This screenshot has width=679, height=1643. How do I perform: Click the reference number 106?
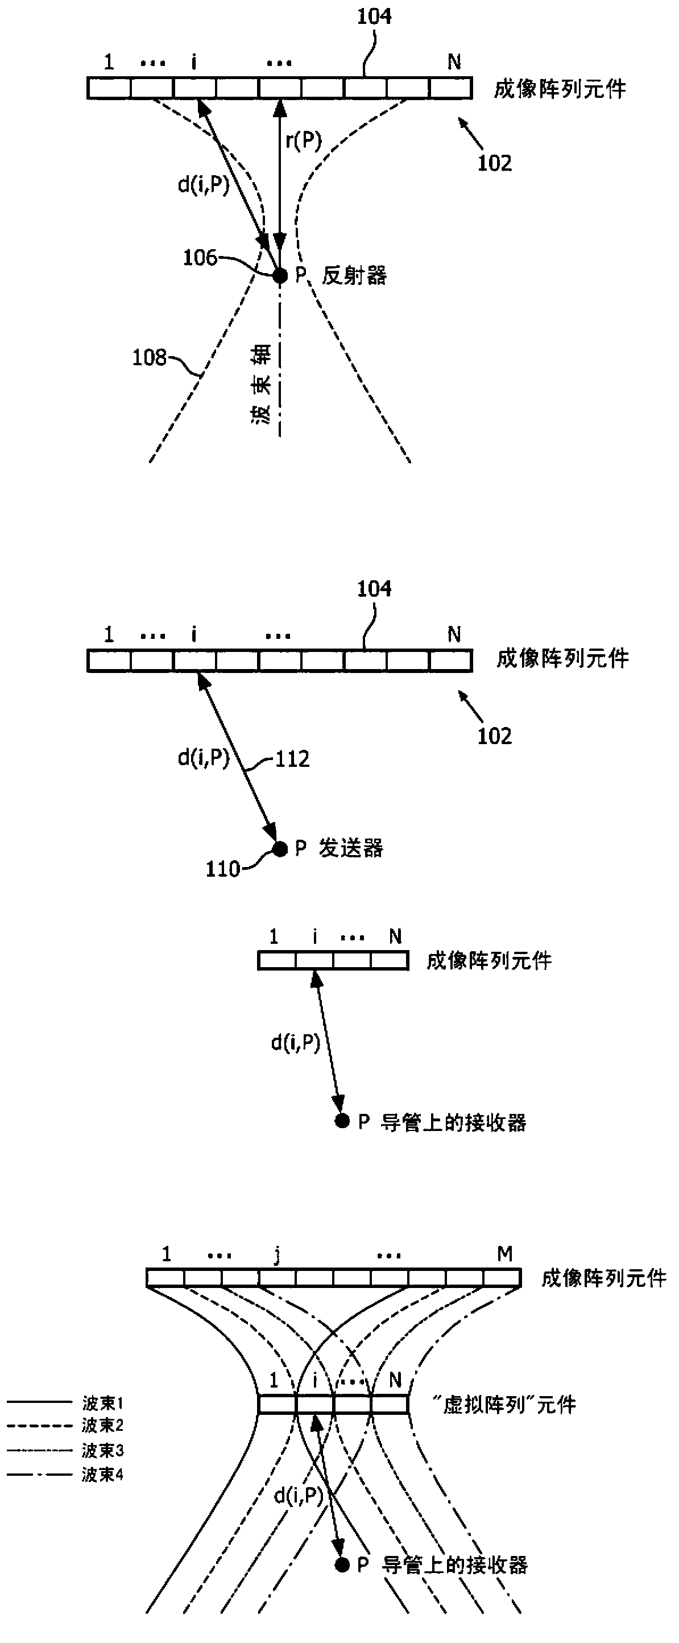point(200,258)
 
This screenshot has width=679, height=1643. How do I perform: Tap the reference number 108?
point(148,358)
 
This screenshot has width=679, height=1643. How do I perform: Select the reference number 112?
point(292,759)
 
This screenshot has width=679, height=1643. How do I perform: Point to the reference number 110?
point(222,869)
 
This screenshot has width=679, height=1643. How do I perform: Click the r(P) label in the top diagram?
point(304,141)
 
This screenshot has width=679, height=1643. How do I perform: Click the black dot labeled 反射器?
point(280,275)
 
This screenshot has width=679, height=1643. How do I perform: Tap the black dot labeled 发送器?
point(280,849)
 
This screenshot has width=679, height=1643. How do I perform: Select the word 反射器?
point(354,275)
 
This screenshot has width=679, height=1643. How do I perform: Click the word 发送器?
point(351,848)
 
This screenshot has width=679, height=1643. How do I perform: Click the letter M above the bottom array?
point(504,1254)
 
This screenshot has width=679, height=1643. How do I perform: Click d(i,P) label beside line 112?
point(204,758)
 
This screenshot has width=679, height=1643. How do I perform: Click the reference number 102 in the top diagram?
point(495,163)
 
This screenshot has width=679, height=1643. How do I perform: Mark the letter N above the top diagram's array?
point(454,62)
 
